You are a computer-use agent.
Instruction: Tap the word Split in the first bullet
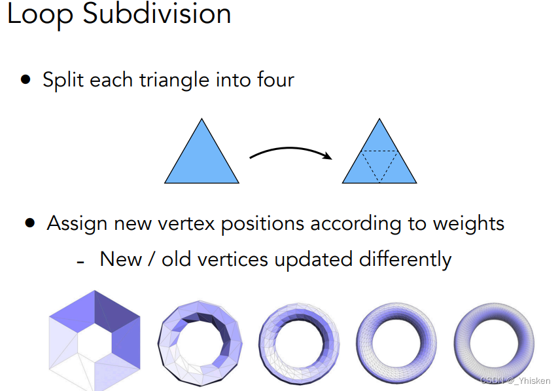[x=63, y=80]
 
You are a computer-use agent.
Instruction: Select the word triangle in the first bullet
[x=177, y=80]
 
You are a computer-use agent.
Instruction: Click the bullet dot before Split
[x=26, y=79]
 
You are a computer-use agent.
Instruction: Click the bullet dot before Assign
[x=29, y=223]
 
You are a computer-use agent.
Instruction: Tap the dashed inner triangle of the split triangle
[x=379, y=162]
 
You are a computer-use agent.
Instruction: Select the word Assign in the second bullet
[x=77, y=223]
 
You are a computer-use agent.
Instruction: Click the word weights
[x=468, y=223]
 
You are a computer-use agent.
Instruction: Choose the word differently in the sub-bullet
[x=406, y=259]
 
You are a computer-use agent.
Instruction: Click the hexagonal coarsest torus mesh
[x=94, y=339]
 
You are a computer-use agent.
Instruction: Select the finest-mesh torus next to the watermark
[x=494, y=339]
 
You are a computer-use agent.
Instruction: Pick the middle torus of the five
[x=298, y=339]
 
